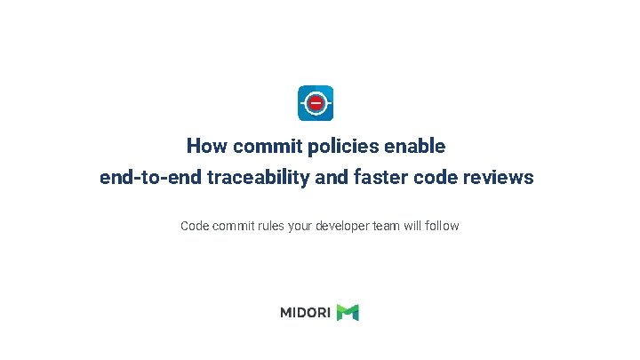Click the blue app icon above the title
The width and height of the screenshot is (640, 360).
pos(316,103)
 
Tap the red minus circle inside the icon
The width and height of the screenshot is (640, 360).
pos(316,103)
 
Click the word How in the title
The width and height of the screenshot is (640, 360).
pos(205,145)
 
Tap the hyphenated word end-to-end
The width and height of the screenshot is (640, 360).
pos(150,178)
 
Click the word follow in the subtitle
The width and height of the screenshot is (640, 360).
pos(443,226)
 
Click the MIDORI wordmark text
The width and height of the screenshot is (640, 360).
pos(306,312)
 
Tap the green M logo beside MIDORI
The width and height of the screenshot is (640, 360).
pos(348,312)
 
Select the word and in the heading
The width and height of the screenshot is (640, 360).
pos(332,178)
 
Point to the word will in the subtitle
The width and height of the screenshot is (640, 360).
pos(413,226)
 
